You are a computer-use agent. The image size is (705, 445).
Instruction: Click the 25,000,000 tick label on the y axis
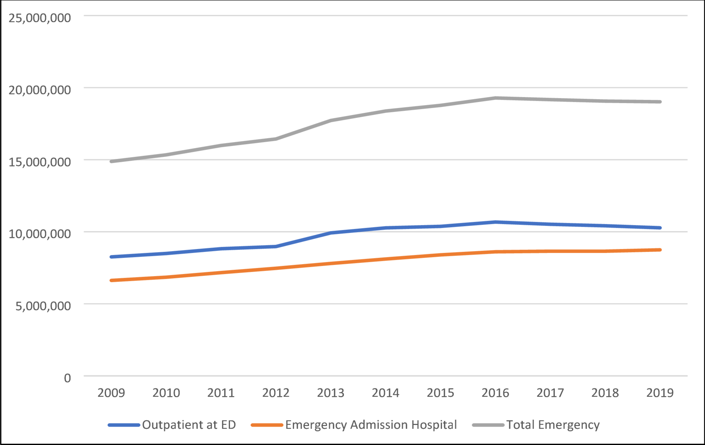[40, 18]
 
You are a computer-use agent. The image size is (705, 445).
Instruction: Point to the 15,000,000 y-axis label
[40, 162]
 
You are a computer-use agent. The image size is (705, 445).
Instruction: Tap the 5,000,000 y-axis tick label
[43, 306]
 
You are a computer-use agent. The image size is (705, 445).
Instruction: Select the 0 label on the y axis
[67, 378]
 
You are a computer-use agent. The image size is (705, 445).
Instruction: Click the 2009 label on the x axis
[111, 393]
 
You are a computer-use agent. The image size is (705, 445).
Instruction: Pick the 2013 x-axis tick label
[331, 393]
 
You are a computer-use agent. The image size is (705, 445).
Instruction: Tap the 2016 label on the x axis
[495, 393]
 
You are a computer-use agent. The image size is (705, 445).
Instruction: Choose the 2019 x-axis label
[660, 393]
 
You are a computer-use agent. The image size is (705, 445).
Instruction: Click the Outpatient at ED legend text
[189, 425]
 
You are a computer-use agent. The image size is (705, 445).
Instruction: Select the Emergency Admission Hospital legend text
[371, 425]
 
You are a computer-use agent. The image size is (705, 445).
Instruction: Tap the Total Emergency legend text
[553, 425]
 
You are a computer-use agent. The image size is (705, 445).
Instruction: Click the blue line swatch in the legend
[124, 425]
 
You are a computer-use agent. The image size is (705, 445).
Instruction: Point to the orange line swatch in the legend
[267, 425]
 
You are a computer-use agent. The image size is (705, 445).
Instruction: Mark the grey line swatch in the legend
[488, 425]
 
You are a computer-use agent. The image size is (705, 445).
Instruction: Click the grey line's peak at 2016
[495, 98]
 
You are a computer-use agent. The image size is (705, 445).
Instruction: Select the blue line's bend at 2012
[276, 246]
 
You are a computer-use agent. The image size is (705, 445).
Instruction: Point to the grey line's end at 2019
[660, 102]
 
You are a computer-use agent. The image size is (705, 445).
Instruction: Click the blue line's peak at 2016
[495, 222]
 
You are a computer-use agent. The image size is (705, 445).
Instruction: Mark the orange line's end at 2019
[660, 250]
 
